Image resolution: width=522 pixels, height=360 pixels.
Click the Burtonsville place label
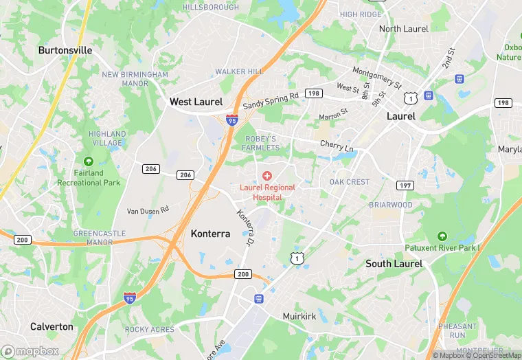(65, 50)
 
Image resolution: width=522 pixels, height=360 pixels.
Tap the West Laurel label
(196, 102)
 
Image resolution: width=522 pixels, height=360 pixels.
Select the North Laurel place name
(403, 29)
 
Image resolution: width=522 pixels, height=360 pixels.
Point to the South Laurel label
(394, 264)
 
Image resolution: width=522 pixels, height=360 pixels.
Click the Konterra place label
(210, 234)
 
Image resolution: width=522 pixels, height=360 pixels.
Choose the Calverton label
(52, 327)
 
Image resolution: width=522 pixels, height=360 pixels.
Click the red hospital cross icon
(267, 176)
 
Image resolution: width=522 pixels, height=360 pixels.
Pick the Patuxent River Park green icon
(441, 236)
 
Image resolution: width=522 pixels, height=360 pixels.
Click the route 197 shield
(405, 185)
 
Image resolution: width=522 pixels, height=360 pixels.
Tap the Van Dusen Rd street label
(148, 210)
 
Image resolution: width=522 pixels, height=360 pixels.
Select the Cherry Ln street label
(337, 146)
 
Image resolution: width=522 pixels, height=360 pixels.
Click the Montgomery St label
(376, 77)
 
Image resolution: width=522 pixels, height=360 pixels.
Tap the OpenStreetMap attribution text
(493, 355)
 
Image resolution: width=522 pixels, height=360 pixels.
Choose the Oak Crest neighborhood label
(349, 182)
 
